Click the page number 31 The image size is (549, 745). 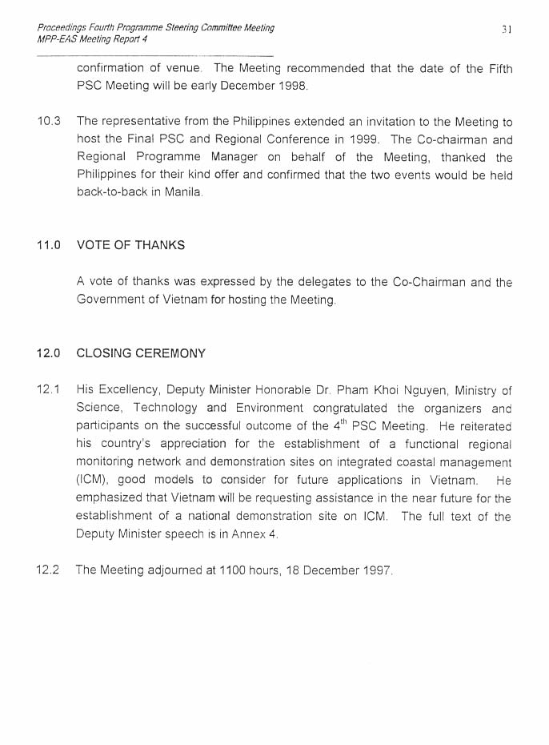(x=506, y=29)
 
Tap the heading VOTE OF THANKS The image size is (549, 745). (x=130, y=246)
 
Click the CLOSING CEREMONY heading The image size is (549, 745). (x=141, y=353)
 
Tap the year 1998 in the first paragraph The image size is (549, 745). (x=291, y=86)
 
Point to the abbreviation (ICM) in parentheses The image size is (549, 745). (x=94, y=481)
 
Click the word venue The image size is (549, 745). (x=183, y=68)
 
